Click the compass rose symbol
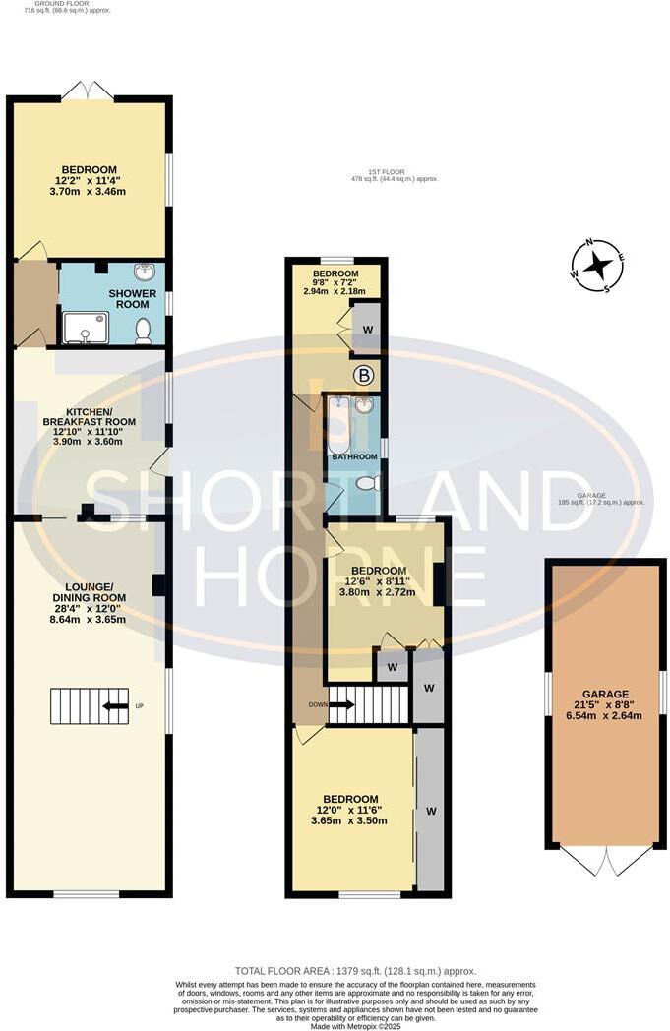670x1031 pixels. point(597,266)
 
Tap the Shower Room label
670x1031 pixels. point(126,299)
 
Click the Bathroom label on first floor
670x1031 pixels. point(353,457)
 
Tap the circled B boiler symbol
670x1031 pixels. point(364,375)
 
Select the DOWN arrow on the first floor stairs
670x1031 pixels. point(341,704)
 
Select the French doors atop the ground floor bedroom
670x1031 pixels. point(88,90)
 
